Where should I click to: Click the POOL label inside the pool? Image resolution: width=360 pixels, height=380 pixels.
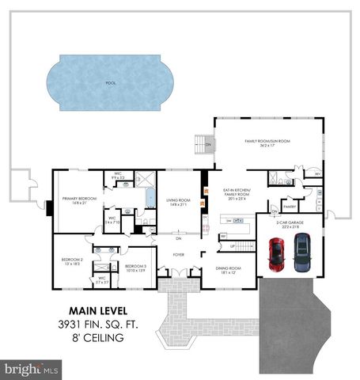tap(110, 82)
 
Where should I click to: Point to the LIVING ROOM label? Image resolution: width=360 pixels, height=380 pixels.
tap(176, 202)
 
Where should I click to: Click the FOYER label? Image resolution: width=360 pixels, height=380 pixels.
tap(179, 255)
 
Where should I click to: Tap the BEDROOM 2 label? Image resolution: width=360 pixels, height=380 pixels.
tap(73, 260)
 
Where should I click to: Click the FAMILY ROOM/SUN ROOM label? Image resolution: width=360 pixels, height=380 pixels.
tap(267, 142)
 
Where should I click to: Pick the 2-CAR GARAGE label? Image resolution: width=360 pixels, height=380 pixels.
tap(289, 224)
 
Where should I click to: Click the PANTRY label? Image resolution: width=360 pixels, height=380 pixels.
tap(290, 207)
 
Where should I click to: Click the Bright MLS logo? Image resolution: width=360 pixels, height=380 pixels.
tap(32, 369)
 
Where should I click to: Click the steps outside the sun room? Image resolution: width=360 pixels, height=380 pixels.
tap(201, 146)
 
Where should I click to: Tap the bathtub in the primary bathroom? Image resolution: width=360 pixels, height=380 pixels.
tap(149, 196)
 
